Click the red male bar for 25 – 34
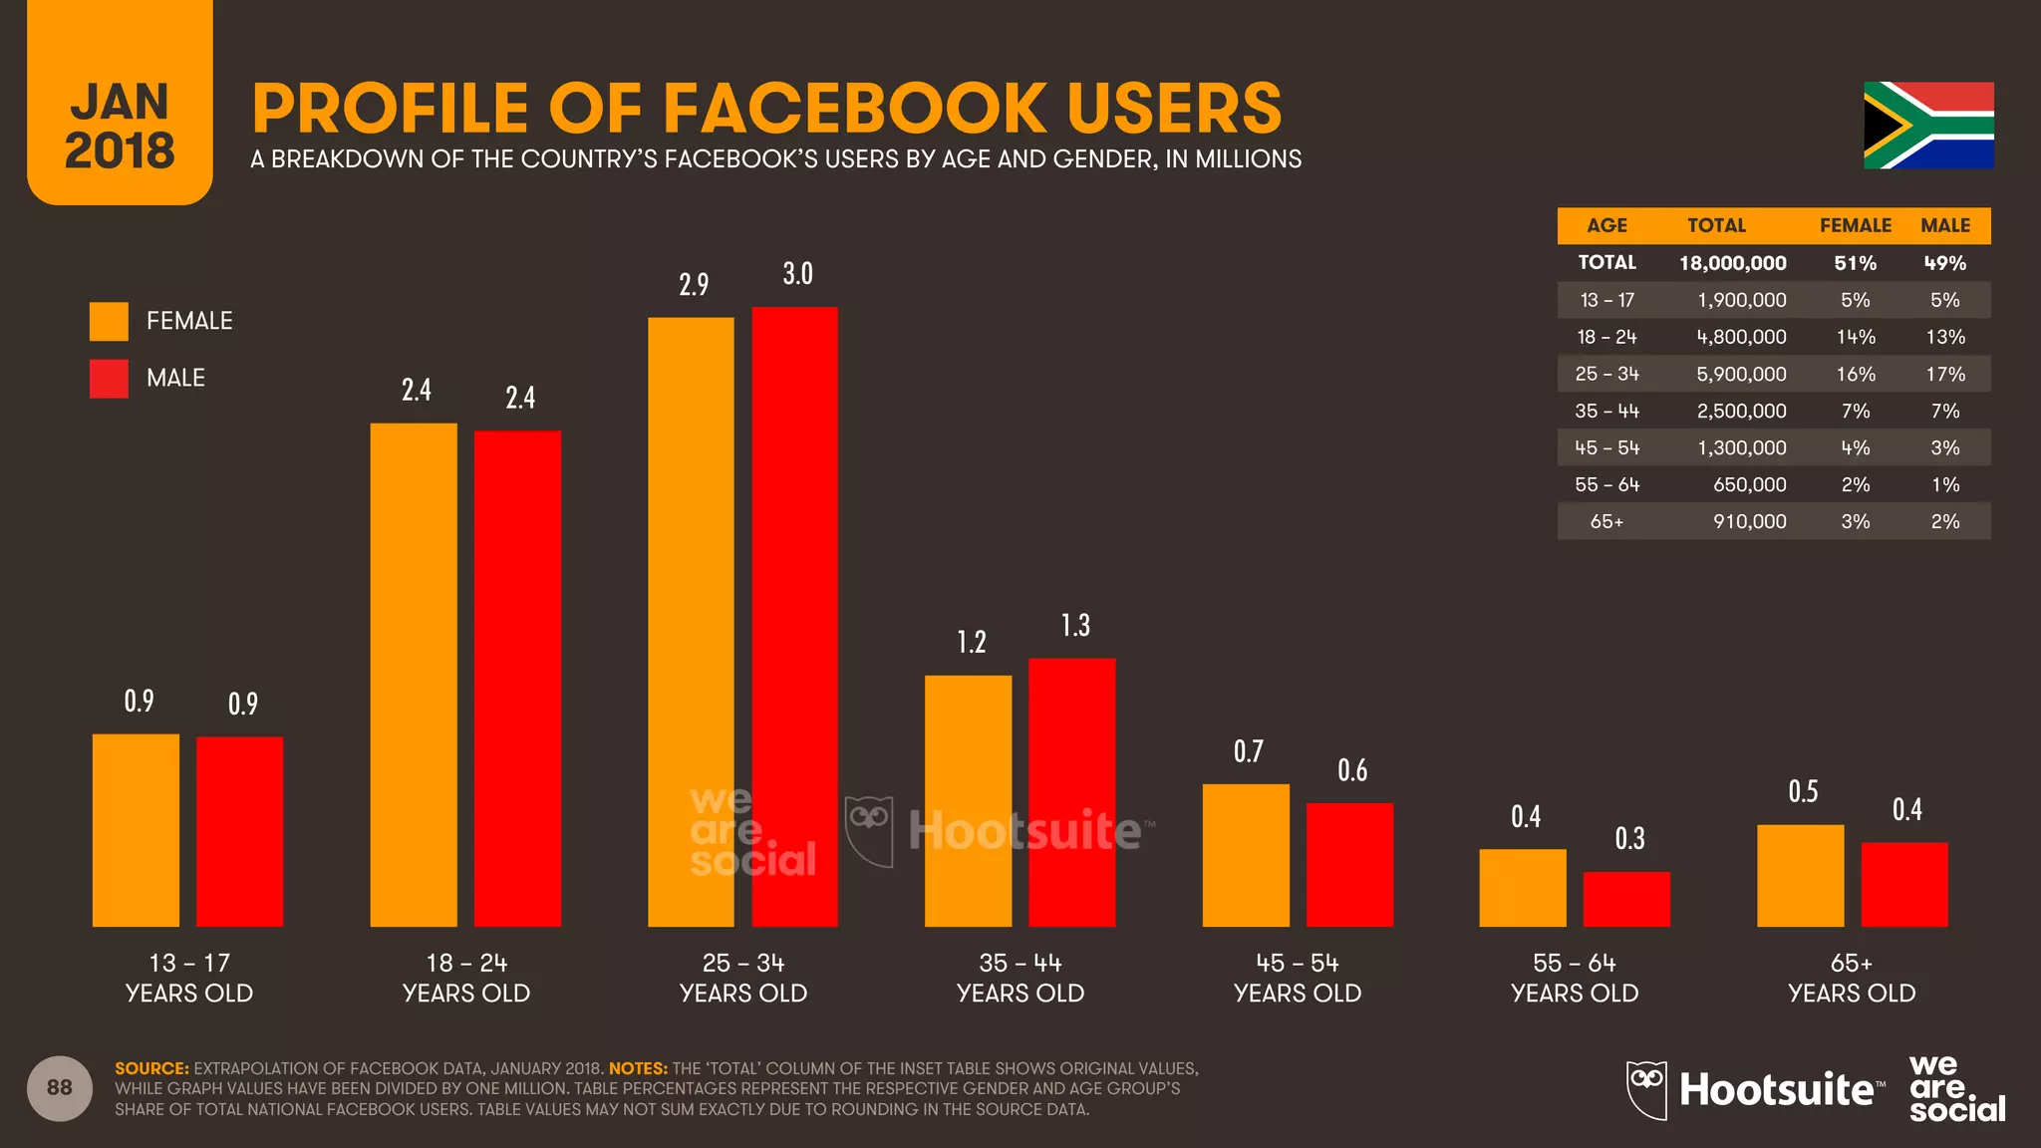(x=794, y=618)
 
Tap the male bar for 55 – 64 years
(x=1626, y=899)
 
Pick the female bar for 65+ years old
(x=1800, y=876)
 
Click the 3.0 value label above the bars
(x=797, y=274)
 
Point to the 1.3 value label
(x=1075, y=626)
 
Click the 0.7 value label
(x=1248, y=751)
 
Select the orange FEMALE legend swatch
(x=109, y=321)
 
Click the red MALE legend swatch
(x=109, y=379)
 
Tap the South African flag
(x=1928, y=126)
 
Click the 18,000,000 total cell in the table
(x=1732, y=263)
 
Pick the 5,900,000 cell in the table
(x=1741, y=374)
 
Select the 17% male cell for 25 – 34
(x=1944, y=374)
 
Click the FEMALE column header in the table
(x=1855, y=225)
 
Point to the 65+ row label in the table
(x=1606, y=521)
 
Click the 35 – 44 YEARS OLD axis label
(x=1020, y=978)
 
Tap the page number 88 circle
(x=60, y=1087)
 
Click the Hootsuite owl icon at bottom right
(x=1646, y=1089)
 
